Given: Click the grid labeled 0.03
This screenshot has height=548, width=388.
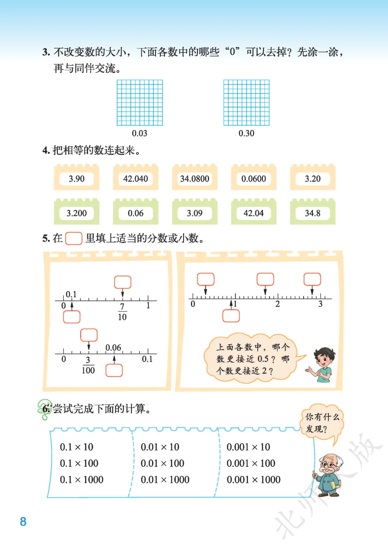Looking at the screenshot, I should [x=140, y=103].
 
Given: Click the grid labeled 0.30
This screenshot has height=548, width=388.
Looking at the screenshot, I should [x=246, y=103].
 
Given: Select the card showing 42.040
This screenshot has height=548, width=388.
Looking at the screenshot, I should [x=135, y=179].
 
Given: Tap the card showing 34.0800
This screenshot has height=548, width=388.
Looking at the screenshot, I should [x=194, y=179].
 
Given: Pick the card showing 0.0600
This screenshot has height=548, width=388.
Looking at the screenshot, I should [x=254, y=179].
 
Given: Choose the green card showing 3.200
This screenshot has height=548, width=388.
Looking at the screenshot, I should [x=77, y=213].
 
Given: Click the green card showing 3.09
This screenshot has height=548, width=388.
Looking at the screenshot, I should [x=194, y=213].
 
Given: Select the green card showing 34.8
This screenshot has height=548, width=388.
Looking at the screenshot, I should [x=313, y=213].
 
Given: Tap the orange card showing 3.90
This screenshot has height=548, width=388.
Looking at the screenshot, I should [x=77, y=179].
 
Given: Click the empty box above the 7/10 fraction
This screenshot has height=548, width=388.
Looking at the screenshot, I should [x=123, y=282].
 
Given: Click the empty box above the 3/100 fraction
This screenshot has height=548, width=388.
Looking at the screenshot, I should [x=89, y=335].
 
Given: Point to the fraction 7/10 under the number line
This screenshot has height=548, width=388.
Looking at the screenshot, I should [x=122, y=312].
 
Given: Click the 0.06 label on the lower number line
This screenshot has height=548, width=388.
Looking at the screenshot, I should [x=113, y=347].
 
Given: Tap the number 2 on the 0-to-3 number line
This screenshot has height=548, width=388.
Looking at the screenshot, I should [x=277, y=304].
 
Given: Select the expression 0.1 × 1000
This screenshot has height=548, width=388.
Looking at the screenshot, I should [x=82, y=479].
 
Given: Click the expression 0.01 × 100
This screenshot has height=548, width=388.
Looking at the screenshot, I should [x=162, y=463].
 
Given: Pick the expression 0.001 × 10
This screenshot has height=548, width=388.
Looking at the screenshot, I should [x=248, y=447].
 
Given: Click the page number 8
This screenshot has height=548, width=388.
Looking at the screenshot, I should [x=23, y=521].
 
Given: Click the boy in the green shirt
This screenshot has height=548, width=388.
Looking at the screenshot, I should [x=323, y=365].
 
